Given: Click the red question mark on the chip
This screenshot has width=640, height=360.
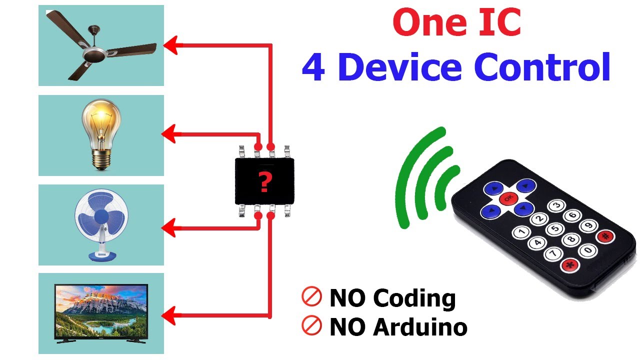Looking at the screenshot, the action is (265, 182).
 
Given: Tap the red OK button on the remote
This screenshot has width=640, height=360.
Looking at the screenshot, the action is (508, 198).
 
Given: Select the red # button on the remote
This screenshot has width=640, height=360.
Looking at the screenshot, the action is (605, 236).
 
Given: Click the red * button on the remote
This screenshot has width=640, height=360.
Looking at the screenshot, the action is (570, 265).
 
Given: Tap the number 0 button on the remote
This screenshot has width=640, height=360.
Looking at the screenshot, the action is (587, 250).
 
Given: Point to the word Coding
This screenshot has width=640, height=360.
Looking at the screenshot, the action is (414, 298).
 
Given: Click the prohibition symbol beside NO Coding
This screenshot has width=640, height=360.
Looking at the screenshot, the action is (311, 296).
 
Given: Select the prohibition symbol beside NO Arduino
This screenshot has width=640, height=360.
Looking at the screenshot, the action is (311, 325).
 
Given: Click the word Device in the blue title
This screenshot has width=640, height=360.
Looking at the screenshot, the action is (400, 67).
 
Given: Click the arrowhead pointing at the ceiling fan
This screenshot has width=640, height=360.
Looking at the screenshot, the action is (171, 45).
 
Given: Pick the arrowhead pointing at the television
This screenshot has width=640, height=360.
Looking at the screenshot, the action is (169, 315).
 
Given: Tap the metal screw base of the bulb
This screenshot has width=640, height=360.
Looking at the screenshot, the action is (101, 159).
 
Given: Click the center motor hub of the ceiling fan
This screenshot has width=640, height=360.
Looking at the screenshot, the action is (94, 54).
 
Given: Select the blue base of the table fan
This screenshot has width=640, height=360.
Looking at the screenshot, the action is (102, 255).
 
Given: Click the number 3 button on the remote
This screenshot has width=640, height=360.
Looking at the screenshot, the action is (556, 205).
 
